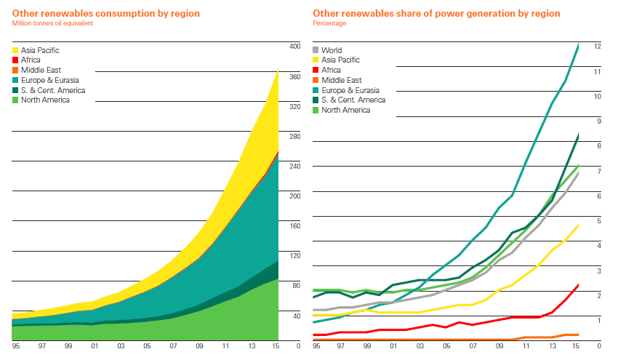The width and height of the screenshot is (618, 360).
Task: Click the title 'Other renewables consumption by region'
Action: [106, 14]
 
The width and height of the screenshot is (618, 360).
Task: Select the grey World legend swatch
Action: [316, 51]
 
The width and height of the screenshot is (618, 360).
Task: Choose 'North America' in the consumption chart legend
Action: [46, 100]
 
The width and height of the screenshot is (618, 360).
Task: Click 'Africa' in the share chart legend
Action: [331, 71]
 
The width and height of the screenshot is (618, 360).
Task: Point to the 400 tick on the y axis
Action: [294, 47]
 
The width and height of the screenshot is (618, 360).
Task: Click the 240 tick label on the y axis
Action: [294, 166]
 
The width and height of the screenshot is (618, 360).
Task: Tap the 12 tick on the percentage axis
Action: [597, 47]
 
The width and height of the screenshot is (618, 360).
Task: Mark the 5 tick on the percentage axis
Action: [598, 221]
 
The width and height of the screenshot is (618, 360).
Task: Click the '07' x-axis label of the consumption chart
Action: [173, 347]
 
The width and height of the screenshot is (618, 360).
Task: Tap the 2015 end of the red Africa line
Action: [579, 284]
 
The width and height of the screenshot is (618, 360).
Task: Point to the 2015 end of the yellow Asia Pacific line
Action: [579, 225]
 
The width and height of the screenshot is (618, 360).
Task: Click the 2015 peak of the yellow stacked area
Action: [278, 71]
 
